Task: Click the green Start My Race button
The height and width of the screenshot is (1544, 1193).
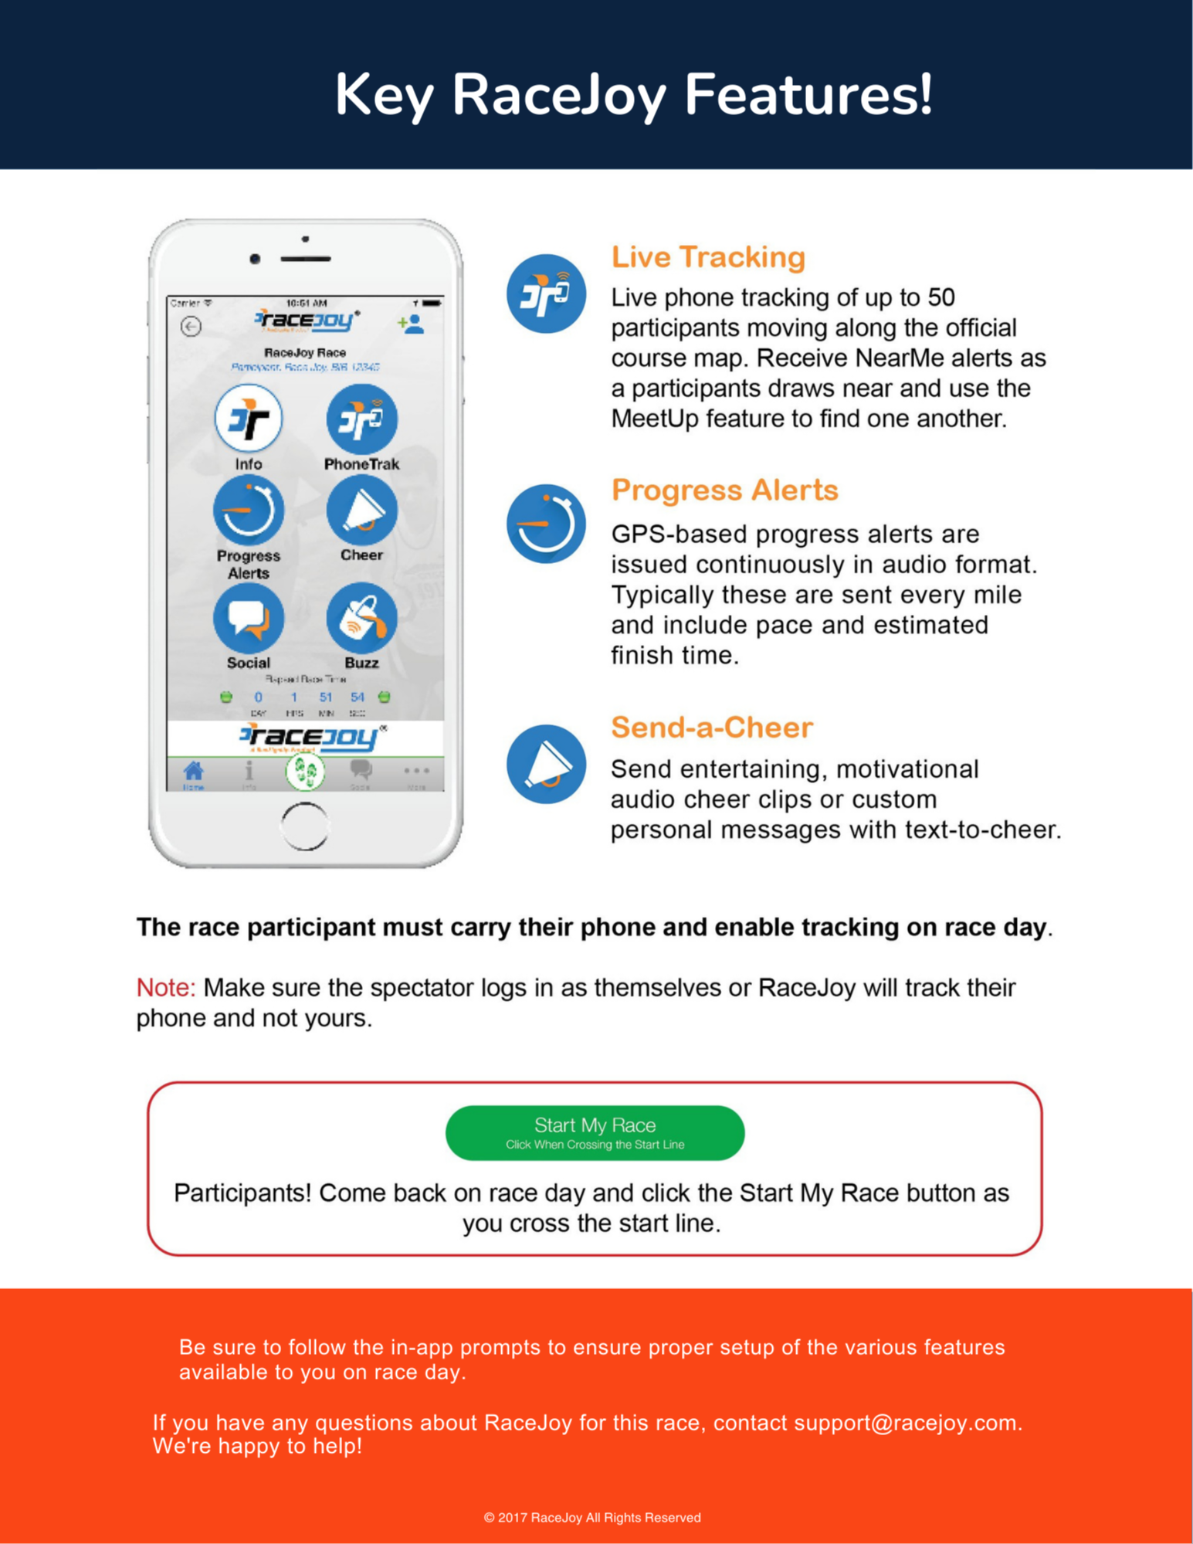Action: [595, 1132]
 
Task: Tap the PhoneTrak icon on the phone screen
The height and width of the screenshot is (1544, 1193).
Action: [361, 419]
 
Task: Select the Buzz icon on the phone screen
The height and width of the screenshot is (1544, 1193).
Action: [361, 619]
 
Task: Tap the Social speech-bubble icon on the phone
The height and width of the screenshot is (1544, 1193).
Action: [249, 619]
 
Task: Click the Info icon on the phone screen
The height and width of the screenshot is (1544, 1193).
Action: [249, 419]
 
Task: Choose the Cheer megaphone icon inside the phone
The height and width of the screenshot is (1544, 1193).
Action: [361, 511]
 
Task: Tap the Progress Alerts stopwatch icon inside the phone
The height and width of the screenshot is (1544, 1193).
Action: [249, 511]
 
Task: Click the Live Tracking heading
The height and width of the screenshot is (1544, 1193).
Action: [708, 257]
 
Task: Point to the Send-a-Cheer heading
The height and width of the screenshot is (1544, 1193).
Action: [711, 728]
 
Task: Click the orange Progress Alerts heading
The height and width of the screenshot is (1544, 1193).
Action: [724, 490]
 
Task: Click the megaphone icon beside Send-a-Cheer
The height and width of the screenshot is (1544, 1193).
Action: [546, 764]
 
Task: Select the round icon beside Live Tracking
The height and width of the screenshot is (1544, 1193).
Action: [546, 294]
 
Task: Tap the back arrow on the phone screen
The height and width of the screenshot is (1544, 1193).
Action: [191, 327]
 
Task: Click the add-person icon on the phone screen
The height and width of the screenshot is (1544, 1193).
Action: [412, 324]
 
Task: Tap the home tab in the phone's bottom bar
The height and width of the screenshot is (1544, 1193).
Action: [194, 772]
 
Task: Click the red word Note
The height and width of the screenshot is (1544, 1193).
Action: [165, 987]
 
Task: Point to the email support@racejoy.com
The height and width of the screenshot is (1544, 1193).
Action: [907, 1422]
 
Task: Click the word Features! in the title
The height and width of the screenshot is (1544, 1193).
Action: [808, 94]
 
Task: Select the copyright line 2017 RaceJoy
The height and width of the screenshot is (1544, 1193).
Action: [592, 1517]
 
